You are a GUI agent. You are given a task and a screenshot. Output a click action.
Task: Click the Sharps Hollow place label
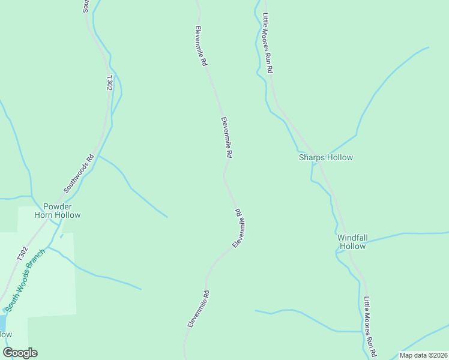pyautogui.click(x=326, y=158)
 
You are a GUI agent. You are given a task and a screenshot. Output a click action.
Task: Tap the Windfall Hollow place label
pyautogui.click(x=352, y=242)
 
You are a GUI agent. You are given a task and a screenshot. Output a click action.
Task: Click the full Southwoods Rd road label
pyautogui.click(x=80, y=174)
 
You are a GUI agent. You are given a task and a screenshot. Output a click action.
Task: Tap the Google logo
pyautogui.click(x=20, y=353)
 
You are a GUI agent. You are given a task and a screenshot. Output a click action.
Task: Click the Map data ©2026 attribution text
pyautogui.click(x=423, y=355)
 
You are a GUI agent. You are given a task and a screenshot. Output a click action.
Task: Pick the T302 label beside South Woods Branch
pyautogui.click(x=22, y=253)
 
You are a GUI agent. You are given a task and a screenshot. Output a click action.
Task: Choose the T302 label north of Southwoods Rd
pyautogui.click(x=109, y=83)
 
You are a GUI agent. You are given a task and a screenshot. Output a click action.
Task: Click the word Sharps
pyautogui.click(x=312, y=158)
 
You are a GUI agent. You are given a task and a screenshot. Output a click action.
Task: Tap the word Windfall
pyautogui.click(x=352, y=238)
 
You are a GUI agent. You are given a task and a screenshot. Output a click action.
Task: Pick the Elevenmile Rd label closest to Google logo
pyautogui.click(x=198, y=309)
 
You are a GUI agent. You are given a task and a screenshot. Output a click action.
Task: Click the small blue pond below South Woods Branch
pyautogui.click(x=2, y=324)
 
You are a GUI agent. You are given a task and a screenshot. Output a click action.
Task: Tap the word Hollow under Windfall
pyautogui.click(x=352, y=246)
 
